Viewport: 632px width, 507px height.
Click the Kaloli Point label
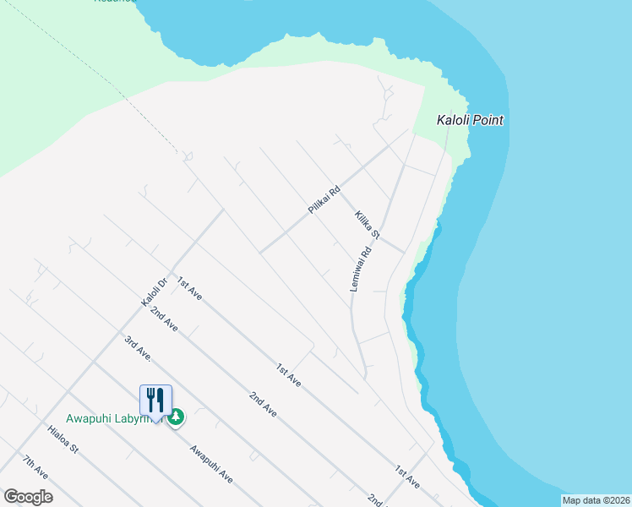pyautogui.click(x=470, y=120)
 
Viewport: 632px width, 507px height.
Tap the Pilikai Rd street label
pyautogui.click(x=324, y=199)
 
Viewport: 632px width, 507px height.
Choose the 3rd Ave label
pyautogui.click(x=137, y=348)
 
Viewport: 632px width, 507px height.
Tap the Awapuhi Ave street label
pyautogui.click(x=211, y=464)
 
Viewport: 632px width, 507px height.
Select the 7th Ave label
pyautogui.click(x=35, y=467)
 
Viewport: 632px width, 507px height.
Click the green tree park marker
pyautogui.click(x=177, y=417)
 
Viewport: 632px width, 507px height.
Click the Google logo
pyautogui.click(x=28, y=496)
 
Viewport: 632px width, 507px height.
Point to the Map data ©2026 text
pyautogui.click(x=596, y=500)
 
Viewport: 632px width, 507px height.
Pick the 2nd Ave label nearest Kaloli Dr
pyautogui.click(x=163, y=319)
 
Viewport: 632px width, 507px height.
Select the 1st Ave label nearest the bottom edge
pyautogui.click(x=407, y=476)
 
